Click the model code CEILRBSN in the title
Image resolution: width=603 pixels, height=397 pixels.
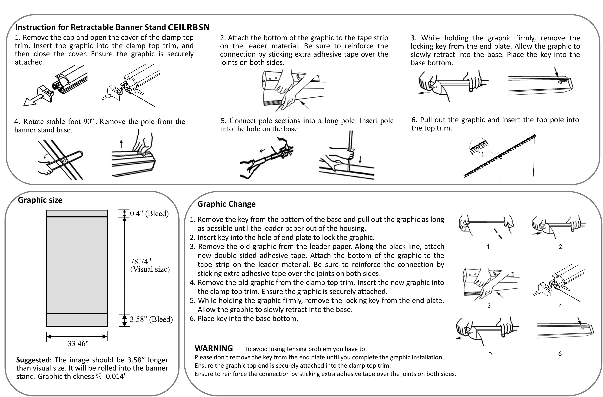[188, 27]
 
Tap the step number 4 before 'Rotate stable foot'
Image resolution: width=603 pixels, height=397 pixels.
[16, 122]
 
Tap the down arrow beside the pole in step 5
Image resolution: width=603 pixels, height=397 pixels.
[360, 159]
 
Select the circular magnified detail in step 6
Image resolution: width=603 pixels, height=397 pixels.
[479, 148]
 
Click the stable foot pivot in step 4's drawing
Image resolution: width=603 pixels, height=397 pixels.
[65, 161]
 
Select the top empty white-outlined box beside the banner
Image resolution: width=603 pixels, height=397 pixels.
[152, 214]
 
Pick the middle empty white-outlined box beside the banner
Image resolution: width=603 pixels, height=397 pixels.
[156, 269]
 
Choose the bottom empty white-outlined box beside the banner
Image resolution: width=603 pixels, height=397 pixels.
[152, 320]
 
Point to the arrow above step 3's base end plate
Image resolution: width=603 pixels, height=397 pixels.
[556, 72]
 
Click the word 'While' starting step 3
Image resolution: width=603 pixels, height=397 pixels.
[430, 38]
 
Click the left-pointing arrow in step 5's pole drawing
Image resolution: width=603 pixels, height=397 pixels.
[262, 151]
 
